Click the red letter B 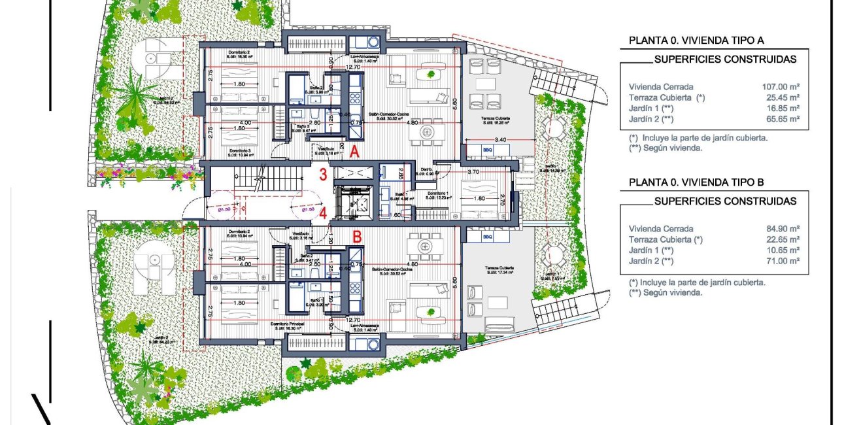357,237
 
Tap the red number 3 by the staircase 323,175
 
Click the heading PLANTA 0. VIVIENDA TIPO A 696,41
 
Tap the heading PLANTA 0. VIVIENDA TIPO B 696,182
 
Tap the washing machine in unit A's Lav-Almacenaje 373,42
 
